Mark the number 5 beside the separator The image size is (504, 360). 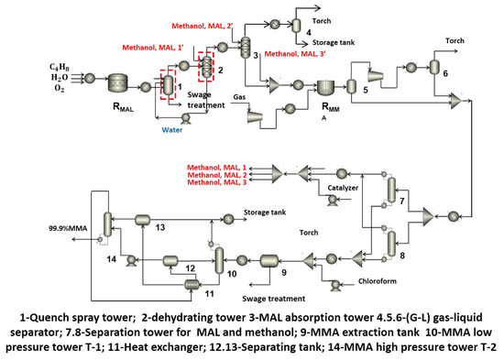(367, 92)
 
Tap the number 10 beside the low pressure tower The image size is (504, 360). (232, 273)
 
